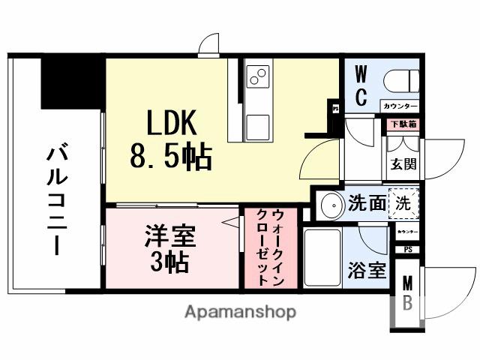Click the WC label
coord(361,87)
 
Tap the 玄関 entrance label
coord(403,163)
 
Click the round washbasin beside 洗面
coord(329,204)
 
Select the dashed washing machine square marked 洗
coord(404,202)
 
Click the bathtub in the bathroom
coord(321,257)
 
